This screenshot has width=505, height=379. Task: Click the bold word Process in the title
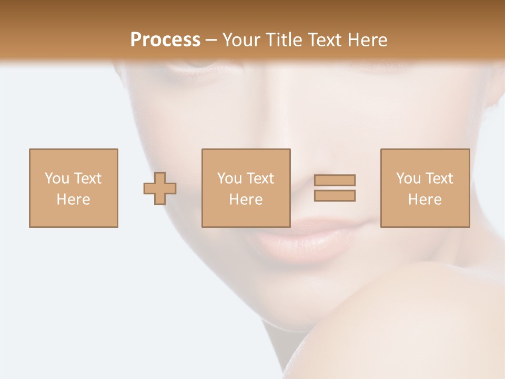[x=165, y=39]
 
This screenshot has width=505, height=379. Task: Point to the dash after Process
[x=211, y=40]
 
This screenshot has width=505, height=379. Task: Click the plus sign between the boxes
[x=160, y=188]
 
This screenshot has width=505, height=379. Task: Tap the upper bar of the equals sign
[x=335, y=180]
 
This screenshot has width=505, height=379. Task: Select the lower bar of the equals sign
[x=335, y=195]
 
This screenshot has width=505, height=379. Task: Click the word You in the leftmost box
[x=57, y=178]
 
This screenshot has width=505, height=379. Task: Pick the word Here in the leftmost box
[x=74, y=200]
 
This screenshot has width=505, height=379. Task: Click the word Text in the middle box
[x=260, y=178]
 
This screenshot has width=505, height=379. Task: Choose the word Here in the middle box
[x=246, y=200]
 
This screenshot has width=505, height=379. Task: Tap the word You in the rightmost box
[x=408, y=178]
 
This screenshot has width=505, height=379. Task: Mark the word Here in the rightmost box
[x=425, y=200]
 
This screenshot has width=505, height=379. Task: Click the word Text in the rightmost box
[x=439, y=178]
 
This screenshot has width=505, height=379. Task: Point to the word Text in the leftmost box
[x=87, y=178]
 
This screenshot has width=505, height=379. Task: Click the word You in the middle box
[x=229, y=178]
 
